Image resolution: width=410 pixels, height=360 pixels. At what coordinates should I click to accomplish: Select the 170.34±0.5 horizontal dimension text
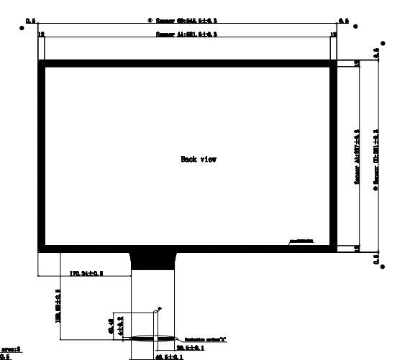coord(86,274)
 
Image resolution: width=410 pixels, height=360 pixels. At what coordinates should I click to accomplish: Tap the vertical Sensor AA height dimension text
coord(357,156)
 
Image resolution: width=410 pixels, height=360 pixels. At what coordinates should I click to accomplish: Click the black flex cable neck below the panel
coord(152,259)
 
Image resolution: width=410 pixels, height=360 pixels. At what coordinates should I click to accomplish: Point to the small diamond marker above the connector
coord(160,308)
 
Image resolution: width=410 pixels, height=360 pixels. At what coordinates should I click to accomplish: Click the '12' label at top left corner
coord(41,34)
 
